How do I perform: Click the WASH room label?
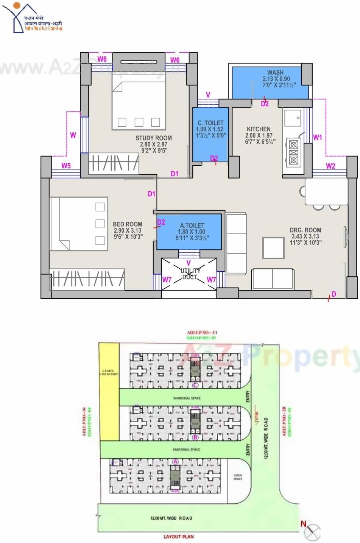[275, 72]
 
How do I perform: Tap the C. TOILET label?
[210, 123]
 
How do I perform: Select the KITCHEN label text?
[259, 129]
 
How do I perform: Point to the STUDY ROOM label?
[154, 138]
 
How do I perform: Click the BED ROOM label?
[128, 224]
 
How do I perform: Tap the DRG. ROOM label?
[305, 230]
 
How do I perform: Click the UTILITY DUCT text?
[190, 274]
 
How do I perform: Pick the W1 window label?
[317, 138]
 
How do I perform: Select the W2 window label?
[330, 166]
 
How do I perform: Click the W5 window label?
[66, 166]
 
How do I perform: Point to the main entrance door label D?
[334, 294]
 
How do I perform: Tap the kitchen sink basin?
[293, 118]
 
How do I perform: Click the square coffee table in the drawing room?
[273, 248]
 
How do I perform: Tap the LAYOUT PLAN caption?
[178, 537]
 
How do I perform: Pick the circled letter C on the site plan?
[195, 385]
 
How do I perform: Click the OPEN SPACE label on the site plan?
[238, 477]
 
